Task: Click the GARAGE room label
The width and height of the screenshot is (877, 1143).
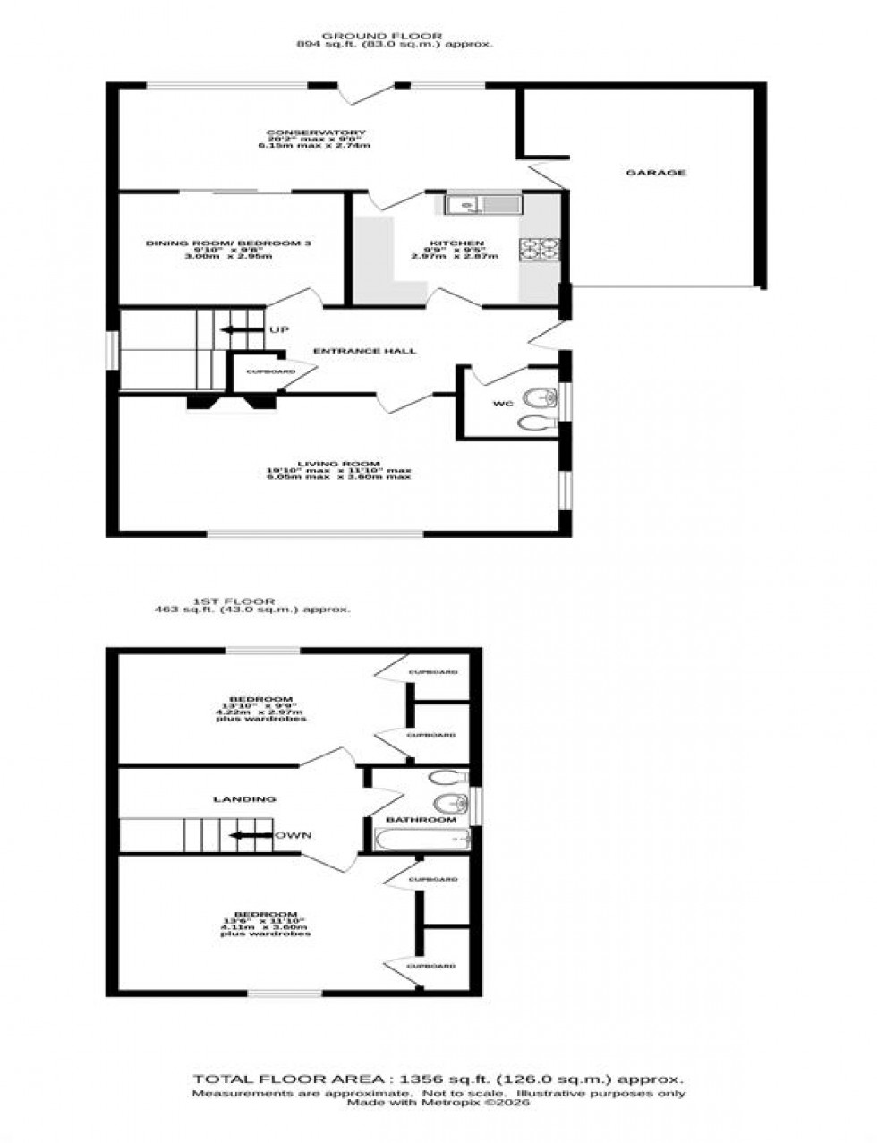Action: point(668,173)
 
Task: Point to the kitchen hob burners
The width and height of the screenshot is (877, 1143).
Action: point(540,251)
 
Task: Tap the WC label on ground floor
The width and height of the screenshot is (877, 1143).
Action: point(502,405)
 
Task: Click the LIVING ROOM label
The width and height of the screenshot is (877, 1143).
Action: point(337,464)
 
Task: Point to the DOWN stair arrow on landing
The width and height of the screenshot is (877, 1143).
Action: point(252,835)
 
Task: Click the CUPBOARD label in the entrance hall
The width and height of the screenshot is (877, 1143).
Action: point(270,371)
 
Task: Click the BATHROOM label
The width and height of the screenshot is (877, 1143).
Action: point(421,819)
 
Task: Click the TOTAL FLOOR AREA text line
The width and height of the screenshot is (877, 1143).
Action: point(439,1079)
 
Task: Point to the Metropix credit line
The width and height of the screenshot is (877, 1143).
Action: point(438,1103)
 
